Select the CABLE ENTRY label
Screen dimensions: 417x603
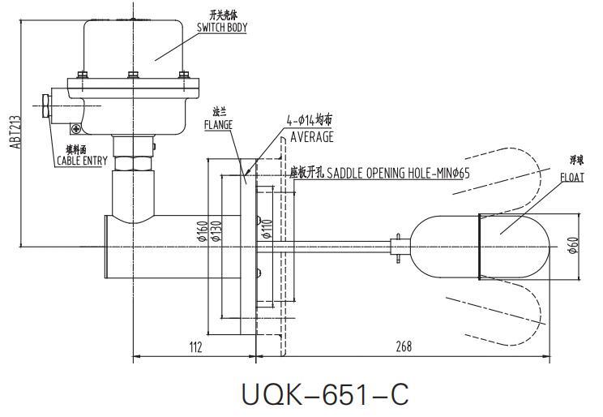pyautogui.click(x=81, y=161)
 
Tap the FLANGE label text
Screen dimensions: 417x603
pyautogui.click(x=218, y=125)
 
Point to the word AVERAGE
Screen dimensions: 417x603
pyautogui.click(x=312, y=136)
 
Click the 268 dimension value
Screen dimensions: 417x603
pyautogui.click(x=403, y=346)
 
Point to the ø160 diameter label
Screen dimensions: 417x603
pyautogui.click(x=201, y=234)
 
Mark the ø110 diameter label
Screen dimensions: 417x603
pyautogui.click(x=268, y=234)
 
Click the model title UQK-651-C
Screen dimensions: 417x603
pyautogui.click(x=325, y=394)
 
